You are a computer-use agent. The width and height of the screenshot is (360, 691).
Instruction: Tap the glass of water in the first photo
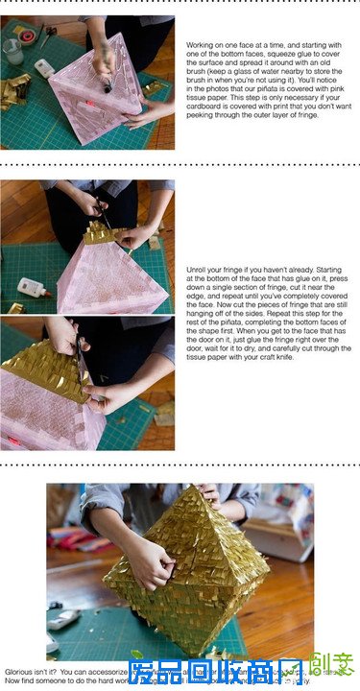coord(12,50)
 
